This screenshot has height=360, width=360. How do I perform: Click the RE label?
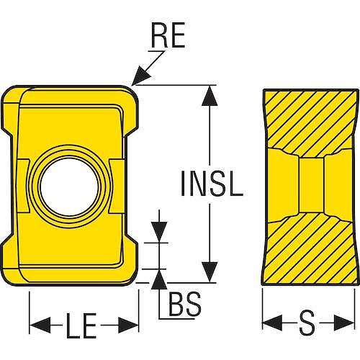click(x=168, y=35)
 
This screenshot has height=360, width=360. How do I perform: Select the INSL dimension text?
click(x=212, y=183)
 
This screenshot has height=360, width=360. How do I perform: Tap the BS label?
click(x=185, y=304)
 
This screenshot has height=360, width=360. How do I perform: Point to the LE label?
click(x=81, y=325)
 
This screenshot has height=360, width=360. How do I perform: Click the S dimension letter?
click(x=307, y=323)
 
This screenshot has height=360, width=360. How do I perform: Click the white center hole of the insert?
click(x=69, y=186)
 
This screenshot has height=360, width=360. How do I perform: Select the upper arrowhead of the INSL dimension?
click(x=210, y=96)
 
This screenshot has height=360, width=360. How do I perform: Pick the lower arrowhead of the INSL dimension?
click(x=210, y=272)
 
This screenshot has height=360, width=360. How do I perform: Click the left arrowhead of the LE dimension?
click(x=40, y=325)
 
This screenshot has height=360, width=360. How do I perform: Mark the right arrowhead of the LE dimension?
click(x=128, y=325)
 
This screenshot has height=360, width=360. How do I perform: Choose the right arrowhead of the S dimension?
click(x=344, y=323)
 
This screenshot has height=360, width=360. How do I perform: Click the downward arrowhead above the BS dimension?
click(x=159, y=232)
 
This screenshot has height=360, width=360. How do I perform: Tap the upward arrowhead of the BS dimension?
click(x=159, y=279)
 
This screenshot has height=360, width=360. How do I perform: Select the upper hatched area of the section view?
click(x=311, y=120)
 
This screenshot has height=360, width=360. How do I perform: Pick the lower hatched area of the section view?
click(x=311, y=252)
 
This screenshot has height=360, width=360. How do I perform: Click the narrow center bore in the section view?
click(x=312, y=185)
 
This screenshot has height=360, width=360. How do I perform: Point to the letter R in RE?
click(x=159, y=35)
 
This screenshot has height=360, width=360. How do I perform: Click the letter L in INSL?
click(x=235, y=183)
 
